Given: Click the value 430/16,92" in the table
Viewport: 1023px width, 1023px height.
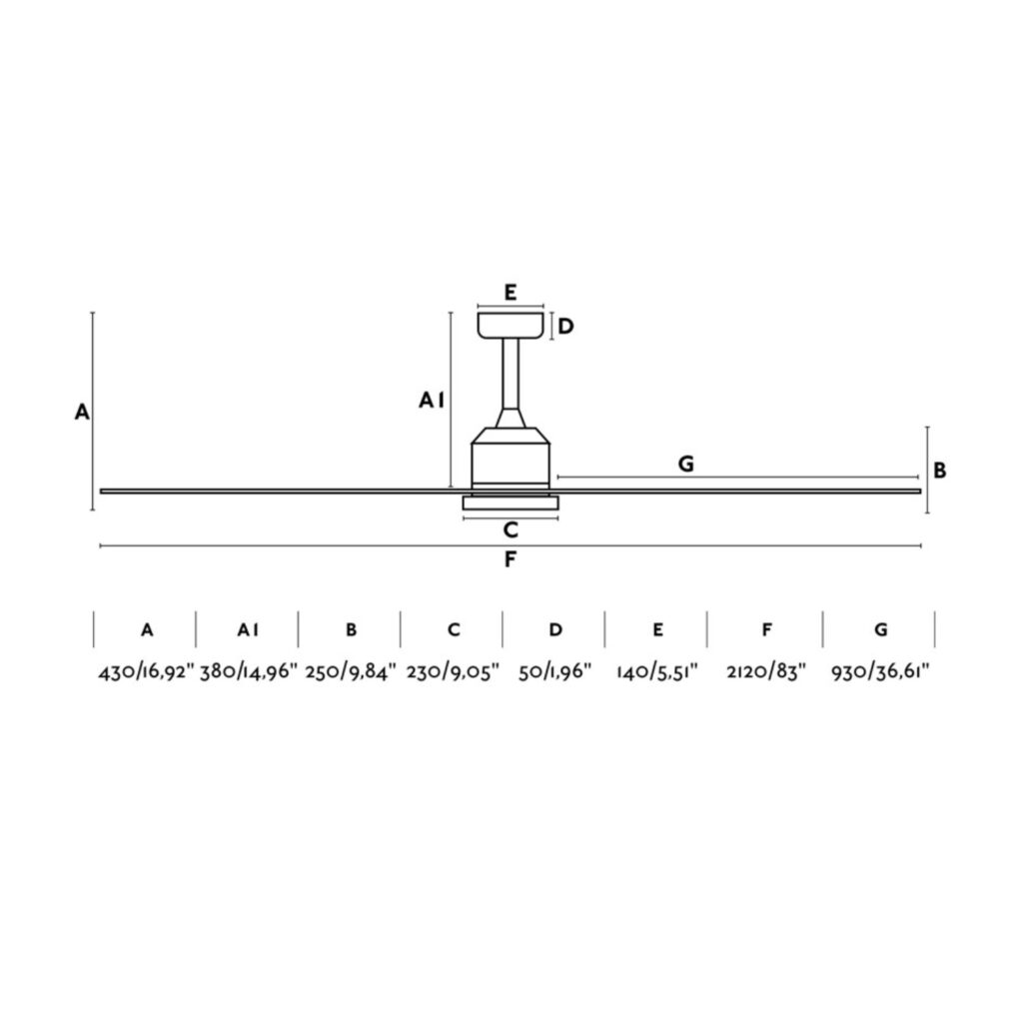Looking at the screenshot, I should point(146,672).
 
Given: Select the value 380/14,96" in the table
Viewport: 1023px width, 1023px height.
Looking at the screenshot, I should point(249,672).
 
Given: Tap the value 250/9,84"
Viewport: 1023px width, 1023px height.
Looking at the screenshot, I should point(351,672).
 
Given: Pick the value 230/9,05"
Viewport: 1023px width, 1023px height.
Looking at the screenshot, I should point(453,672).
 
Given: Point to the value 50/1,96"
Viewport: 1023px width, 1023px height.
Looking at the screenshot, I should point(555,672).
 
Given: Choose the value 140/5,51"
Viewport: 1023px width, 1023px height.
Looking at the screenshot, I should point(657,672).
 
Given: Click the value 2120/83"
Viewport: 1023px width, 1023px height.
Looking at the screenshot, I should point(766,672).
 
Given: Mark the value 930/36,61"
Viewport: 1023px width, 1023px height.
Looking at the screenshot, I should point(880,672).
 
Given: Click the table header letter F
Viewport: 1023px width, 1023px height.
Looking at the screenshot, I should point(766,629).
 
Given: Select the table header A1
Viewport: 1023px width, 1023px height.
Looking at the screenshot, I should point(249,629).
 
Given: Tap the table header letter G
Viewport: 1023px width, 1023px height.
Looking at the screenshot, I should point(880,629).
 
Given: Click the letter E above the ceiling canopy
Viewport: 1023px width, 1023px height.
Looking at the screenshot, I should point(510,293).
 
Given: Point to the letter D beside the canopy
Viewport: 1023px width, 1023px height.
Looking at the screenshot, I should point(565,327).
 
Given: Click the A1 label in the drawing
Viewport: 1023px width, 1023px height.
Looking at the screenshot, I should point(431,401).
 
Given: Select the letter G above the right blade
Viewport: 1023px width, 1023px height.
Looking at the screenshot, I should point(685,464).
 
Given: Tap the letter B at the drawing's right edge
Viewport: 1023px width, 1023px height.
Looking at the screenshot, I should point(940,471).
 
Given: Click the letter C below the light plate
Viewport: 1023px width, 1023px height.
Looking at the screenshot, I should point(511,530).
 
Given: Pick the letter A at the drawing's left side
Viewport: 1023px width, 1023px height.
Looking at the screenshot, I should point(82,412).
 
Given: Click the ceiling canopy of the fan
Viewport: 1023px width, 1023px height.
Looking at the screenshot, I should point(511,326).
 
